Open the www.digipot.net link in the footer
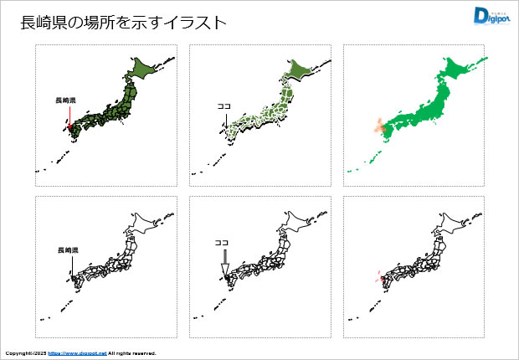click(x=77, y=354)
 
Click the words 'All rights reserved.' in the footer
click(x=132, y=354)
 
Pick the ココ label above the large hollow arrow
click(x=222, y=243)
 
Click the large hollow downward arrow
click(x=224, y=262)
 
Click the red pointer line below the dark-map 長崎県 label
click(x=69, y=116)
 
